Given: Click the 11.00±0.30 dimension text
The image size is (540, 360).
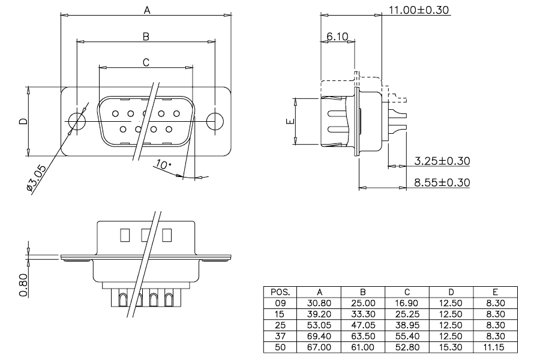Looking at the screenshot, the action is tap(419, 10).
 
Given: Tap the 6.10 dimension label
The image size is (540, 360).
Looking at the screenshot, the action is tap(337, 36).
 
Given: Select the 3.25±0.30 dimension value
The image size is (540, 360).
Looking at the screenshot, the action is tap(442, 161).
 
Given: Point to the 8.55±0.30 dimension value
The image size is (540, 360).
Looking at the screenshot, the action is tap(442, 182).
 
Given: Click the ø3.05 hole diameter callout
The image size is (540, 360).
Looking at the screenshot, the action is tap(36, 178).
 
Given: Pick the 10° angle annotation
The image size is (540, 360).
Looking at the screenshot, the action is tap(163, 164).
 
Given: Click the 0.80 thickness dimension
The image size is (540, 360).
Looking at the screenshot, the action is tap(23, 285).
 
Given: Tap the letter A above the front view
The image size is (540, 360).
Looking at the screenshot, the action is tap(147, 11).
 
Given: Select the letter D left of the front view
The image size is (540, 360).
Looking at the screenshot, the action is tap(23, 121).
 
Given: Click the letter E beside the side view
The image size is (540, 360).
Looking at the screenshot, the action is tap(290, 121).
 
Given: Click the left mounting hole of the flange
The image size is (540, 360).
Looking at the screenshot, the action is tap(77, 121).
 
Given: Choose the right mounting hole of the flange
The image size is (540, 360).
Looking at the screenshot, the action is tap(215, 121).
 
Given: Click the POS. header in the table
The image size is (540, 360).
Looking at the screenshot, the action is tap(280, 292).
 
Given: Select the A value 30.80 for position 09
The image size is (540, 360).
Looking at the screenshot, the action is tap(319, 303).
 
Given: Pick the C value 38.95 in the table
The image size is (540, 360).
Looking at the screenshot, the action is tap(407, 325).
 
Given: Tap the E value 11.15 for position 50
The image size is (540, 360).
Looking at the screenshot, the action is tap(495, 347).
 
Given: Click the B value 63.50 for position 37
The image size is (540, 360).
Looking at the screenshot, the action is tap(362, 336).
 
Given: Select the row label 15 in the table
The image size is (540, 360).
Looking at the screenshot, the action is tap(280, 314).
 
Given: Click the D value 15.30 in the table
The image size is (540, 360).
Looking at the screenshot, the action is tap(451, 347).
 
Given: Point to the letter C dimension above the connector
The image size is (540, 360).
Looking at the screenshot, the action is tap(146, 62).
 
